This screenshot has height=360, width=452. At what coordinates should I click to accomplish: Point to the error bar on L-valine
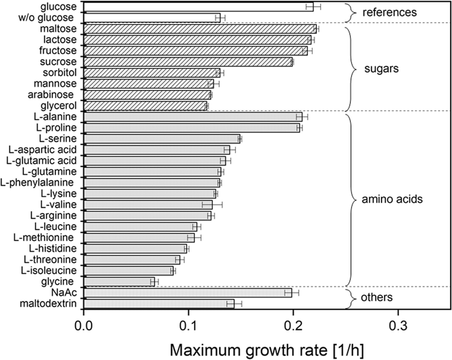coord(212,204)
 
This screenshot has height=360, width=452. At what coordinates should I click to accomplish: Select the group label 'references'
coord(389,12)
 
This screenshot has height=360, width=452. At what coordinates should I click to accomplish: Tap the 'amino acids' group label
coord(392,199)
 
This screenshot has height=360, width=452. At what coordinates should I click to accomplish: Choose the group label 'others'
coord(380,298)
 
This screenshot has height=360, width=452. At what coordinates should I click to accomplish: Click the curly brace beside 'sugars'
coord(351,68)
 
